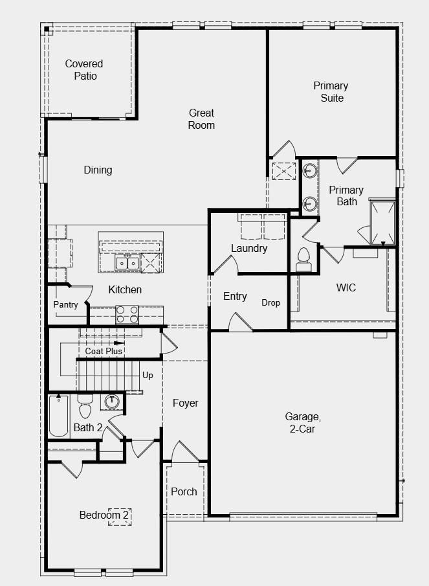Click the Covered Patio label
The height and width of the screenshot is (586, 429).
point(84,70)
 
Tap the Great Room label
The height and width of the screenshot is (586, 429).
point(201,118)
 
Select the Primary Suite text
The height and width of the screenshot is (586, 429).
point(331,91)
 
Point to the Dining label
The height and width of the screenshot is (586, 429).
point(98,170)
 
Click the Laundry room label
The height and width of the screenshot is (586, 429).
point(249,248)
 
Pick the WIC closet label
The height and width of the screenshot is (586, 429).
point(346,287)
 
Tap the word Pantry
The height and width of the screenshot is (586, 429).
point(66,304)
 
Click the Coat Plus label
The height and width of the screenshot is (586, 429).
point(104,351)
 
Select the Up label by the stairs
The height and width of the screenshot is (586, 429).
point(148,375)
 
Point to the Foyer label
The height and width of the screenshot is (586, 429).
point(186,403)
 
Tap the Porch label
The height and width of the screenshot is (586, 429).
point(184,491)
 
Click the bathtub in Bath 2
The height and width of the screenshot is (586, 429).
point(58,416)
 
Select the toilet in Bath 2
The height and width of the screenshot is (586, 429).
point(85,409)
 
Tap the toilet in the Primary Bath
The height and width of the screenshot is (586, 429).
point(303,260)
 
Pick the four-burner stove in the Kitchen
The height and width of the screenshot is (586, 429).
point(127,315)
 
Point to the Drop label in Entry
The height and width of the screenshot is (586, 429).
point(271,302)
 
